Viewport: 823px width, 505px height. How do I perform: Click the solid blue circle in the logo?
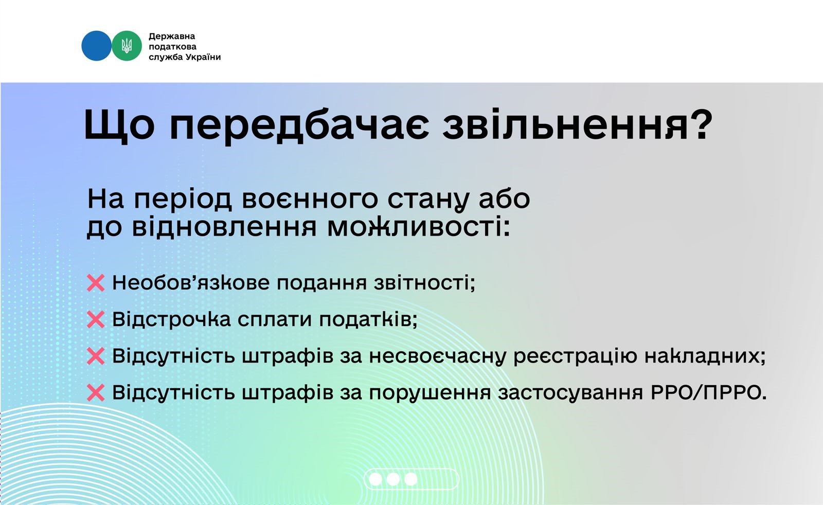pos(96,46)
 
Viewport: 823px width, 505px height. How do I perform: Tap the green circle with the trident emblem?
pos(127,46)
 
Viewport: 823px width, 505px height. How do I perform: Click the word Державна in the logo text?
pos(172,37)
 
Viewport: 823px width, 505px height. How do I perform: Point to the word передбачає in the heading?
pos(298,125)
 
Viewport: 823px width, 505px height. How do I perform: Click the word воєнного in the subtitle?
pos(310,200)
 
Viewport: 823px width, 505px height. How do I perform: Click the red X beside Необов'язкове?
pos(96,283)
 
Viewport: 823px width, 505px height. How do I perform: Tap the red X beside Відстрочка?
pos(96,319)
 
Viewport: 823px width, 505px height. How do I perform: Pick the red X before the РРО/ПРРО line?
pos(96,392)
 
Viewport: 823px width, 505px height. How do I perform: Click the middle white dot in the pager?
pos(393,479)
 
